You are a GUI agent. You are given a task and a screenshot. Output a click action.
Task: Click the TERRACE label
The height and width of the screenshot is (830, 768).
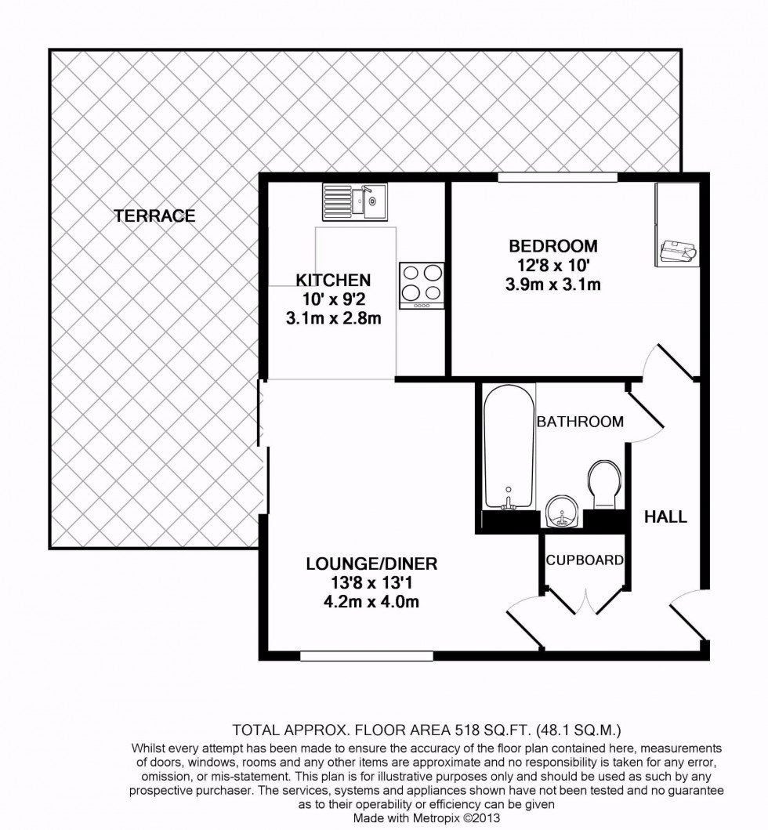click(154, 216)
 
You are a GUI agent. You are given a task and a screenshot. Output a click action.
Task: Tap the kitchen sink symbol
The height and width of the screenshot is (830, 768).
click(353, 201)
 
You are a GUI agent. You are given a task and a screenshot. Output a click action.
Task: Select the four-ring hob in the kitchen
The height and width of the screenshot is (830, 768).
click(422, 285)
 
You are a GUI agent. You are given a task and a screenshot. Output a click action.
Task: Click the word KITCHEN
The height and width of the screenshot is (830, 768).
click(332, 280)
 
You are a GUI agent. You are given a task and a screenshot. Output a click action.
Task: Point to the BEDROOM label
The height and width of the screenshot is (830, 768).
click(552, 247)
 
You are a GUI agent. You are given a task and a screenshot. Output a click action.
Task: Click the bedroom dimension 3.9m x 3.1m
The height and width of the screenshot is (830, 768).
click(552, 285)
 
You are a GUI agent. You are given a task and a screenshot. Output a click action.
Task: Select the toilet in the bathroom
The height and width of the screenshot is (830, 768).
click(604, 484)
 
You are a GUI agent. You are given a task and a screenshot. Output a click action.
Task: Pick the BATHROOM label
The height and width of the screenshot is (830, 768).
click(580, 422)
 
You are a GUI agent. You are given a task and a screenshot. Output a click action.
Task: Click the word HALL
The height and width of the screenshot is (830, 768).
click(665, 516)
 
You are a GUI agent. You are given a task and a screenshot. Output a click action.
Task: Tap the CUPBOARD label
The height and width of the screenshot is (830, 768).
click(585, 560)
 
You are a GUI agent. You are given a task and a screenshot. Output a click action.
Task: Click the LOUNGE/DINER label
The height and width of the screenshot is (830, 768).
click(371, 564)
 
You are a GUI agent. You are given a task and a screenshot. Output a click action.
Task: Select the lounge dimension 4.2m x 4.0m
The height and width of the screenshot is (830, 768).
click(371, 601)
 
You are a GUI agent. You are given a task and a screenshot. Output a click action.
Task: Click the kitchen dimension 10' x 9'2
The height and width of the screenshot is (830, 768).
click(332, 299)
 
